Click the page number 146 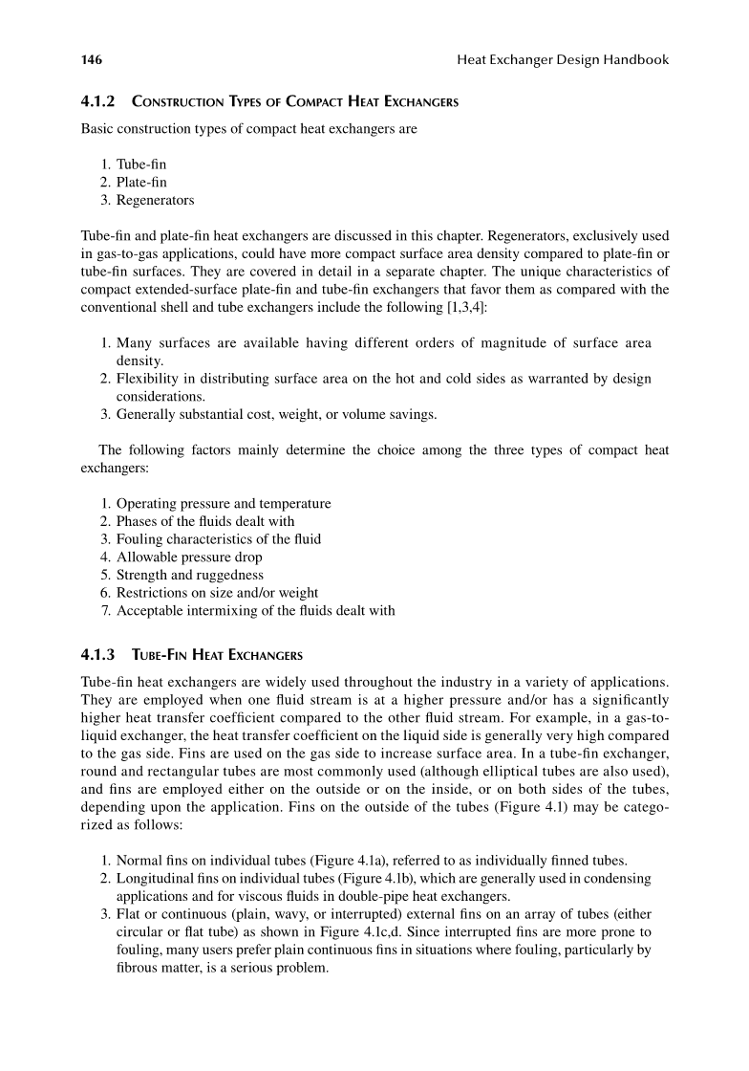pyautogui.click(x=92, y=60)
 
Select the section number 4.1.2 pyautogui.click(x=96, y=102)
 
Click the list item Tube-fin pyautogui.click(x=141, y=164)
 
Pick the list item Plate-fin pyautogui.click(x=142, y=183)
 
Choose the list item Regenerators pyautogui.click(x=156, y=201)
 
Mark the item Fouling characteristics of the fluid pyautogui.click(x=219, y=538)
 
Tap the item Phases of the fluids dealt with pyautogui.click(x=205, y=521)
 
